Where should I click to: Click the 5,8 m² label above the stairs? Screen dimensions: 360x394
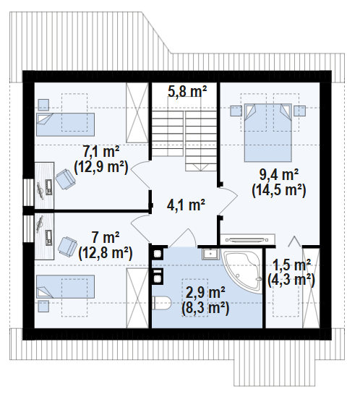pos(187,92)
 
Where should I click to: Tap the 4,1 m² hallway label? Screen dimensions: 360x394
pos(187,205)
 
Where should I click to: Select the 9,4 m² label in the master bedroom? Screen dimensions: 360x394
pos(279,175)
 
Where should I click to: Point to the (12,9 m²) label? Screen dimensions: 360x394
pos(101,167)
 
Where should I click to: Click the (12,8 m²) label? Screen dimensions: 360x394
pos(106,253)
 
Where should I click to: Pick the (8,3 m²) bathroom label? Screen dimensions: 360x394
pos(205,308)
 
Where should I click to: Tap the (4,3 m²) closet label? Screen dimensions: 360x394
pos(291,280)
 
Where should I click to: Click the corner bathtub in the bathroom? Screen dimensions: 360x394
pos(242,270)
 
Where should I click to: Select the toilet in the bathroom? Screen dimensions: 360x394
pos(162,303)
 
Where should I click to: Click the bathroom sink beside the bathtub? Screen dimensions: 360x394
pos(210,254)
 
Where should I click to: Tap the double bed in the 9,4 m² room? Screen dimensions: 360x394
pos(267,132)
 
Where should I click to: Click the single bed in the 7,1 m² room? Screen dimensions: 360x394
pos(65,124)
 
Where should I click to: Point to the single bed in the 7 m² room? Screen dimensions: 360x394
pos(65,287)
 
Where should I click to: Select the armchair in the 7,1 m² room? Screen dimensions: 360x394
pos(65,179)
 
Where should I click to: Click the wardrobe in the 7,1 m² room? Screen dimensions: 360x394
pos(137,113)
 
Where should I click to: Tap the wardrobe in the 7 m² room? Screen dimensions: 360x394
pos(137,298)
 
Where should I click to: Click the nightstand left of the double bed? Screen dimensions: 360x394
pos(236,111)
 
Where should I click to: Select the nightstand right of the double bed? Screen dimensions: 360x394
pos(300,111)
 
